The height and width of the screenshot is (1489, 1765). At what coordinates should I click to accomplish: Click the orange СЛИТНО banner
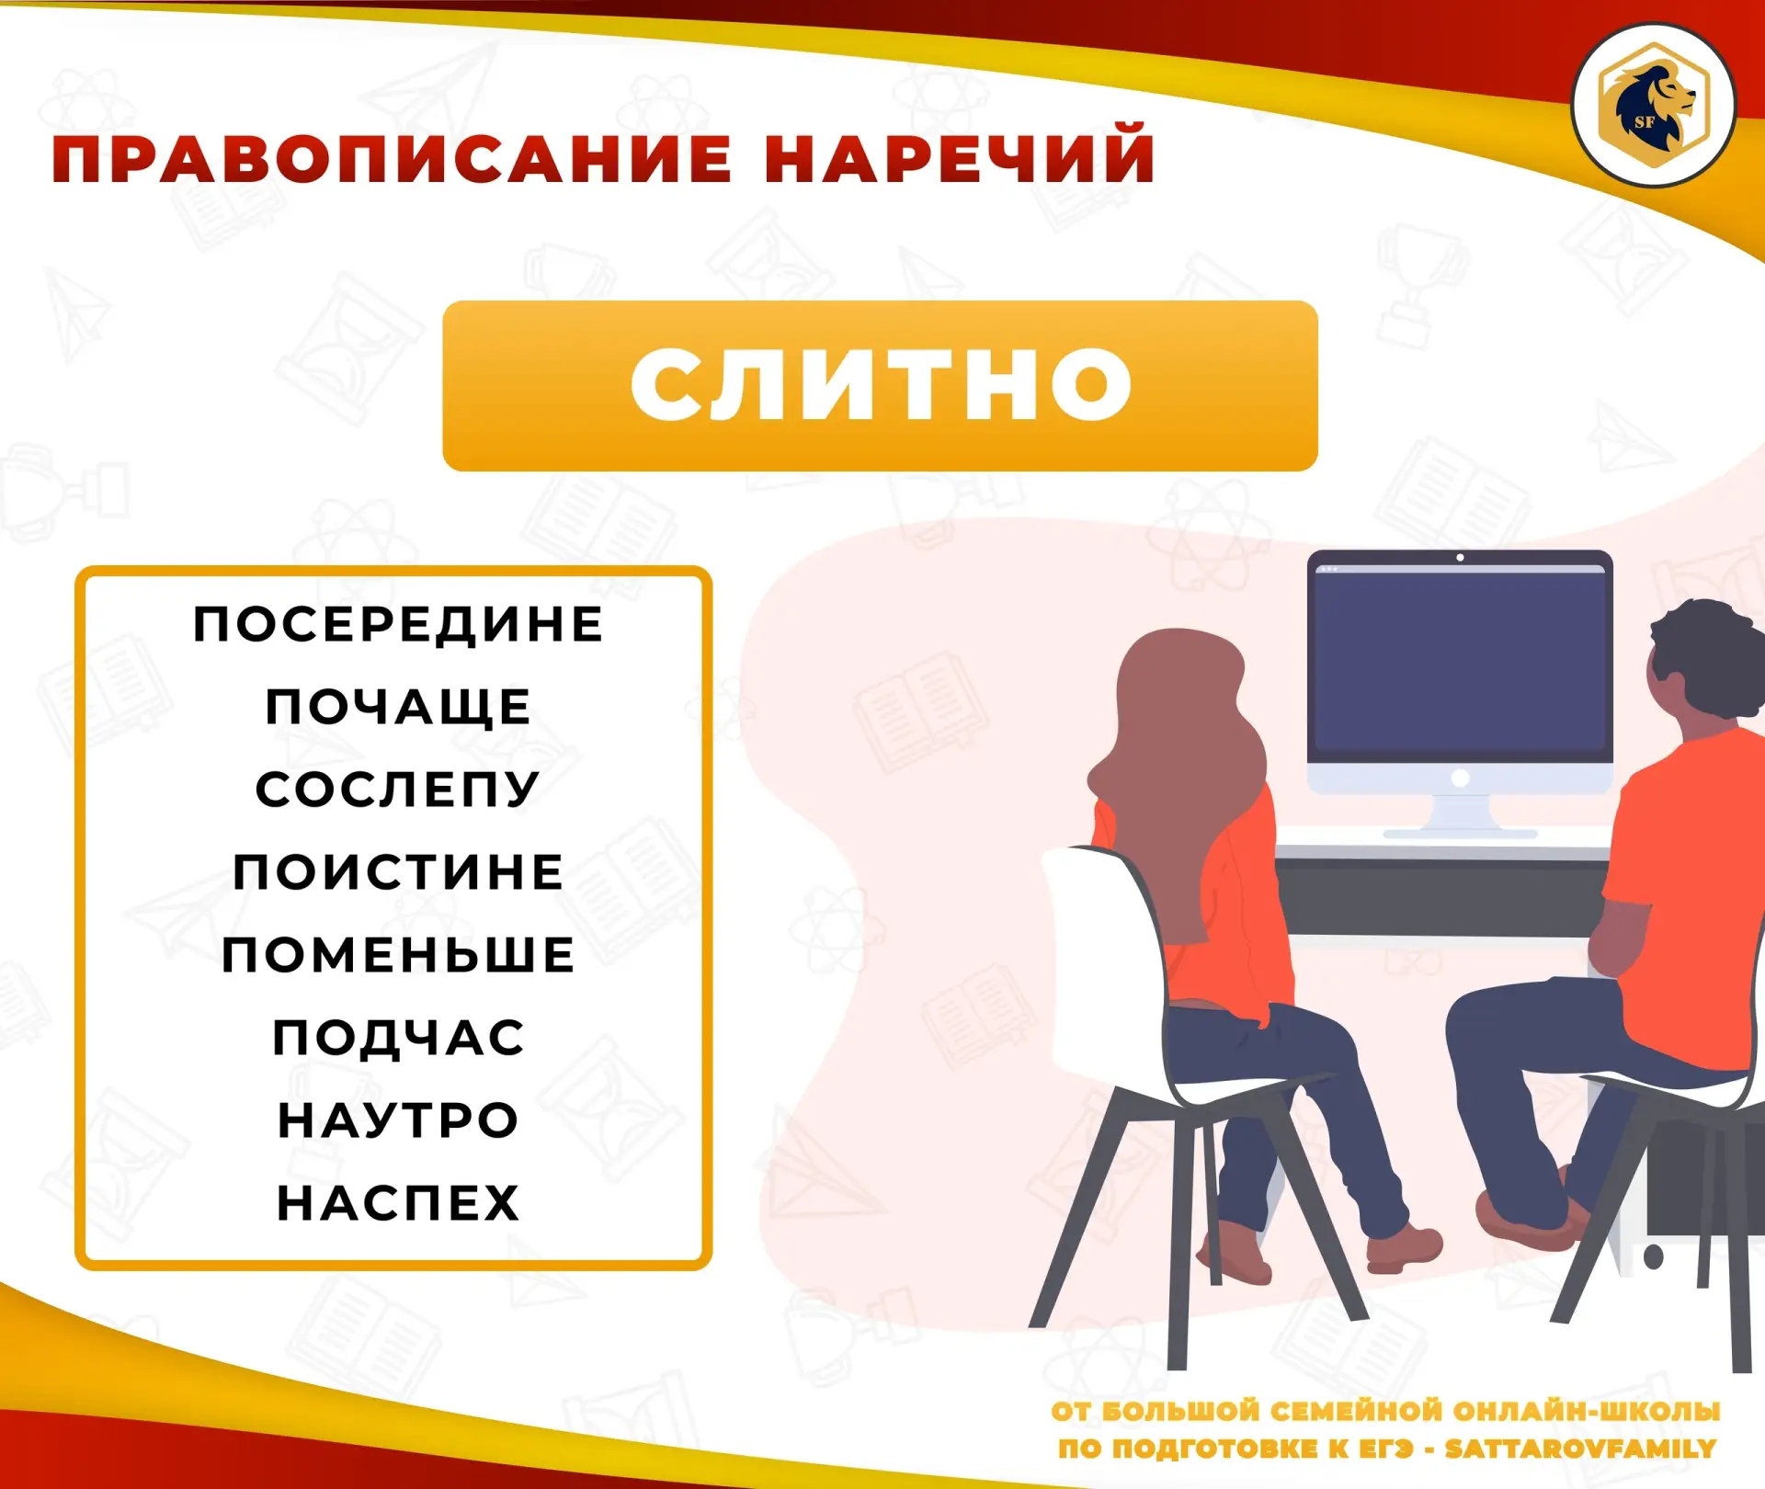[880, 386]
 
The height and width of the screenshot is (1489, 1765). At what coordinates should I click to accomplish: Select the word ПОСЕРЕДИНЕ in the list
[398, 624]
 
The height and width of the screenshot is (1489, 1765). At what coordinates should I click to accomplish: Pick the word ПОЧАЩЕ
[398, 707]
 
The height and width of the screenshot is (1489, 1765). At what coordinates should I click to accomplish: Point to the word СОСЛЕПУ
[397, 790]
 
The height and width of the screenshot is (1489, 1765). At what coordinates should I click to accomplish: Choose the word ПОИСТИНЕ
[398, 871]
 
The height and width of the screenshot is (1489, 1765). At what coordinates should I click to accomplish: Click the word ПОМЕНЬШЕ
[398, 954]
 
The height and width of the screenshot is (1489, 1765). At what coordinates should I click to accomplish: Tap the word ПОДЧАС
[398, 1038]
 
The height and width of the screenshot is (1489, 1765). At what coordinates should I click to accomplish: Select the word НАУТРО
[398, 1120]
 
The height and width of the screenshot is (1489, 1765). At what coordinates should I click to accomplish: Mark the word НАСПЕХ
[398, 1203]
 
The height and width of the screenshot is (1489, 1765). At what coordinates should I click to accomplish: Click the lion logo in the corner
[1653, 105]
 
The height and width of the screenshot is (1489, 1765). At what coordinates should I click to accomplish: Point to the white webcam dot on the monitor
[1460, 558]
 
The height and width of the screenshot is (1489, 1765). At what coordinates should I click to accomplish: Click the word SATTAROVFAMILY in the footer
[1580, 1449]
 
